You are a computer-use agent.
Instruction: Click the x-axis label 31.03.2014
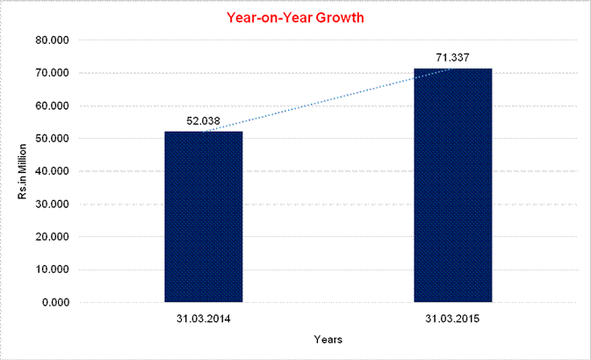pyautogui.click(x=203, y=317)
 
